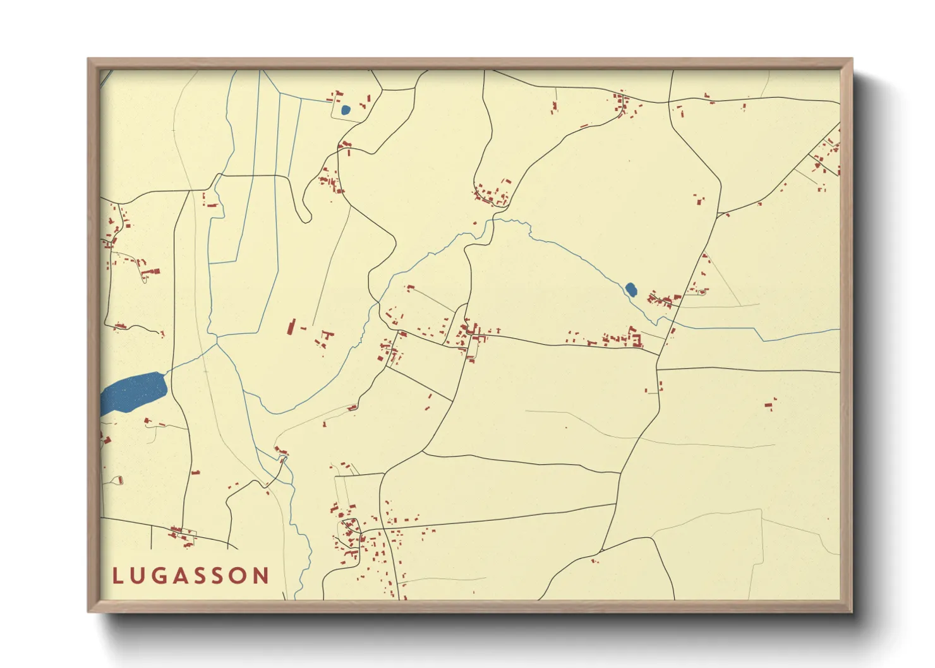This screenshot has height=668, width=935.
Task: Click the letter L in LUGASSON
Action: (x=118, y=576)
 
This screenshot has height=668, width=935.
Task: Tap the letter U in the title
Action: (x=138, y=576)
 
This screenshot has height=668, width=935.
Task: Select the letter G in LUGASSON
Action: (x=160, y=576)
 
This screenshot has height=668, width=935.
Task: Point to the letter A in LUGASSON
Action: (x=183, y=576)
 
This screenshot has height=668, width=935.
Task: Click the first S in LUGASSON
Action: (x=203, y=576)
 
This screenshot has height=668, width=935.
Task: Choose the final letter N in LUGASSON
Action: (x=262, y=576)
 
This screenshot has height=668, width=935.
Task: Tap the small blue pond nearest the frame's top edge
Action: (x=345, y=110)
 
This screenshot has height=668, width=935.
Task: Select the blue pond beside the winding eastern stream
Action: (x=630, y=289)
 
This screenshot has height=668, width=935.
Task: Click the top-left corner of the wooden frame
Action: (x=88, y=59)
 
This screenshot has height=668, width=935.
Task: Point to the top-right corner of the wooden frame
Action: (x=852, y=59)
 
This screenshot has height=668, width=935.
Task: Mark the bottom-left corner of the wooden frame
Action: (x=88, y=611)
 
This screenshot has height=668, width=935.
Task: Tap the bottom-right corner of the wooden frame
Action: (x=852, y=611)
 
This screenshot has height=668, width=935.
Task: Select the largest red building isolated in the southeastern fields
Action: (x=769, y=403)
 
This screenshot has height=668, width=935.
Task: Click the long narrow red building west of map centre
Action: (x=291, y=326)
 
